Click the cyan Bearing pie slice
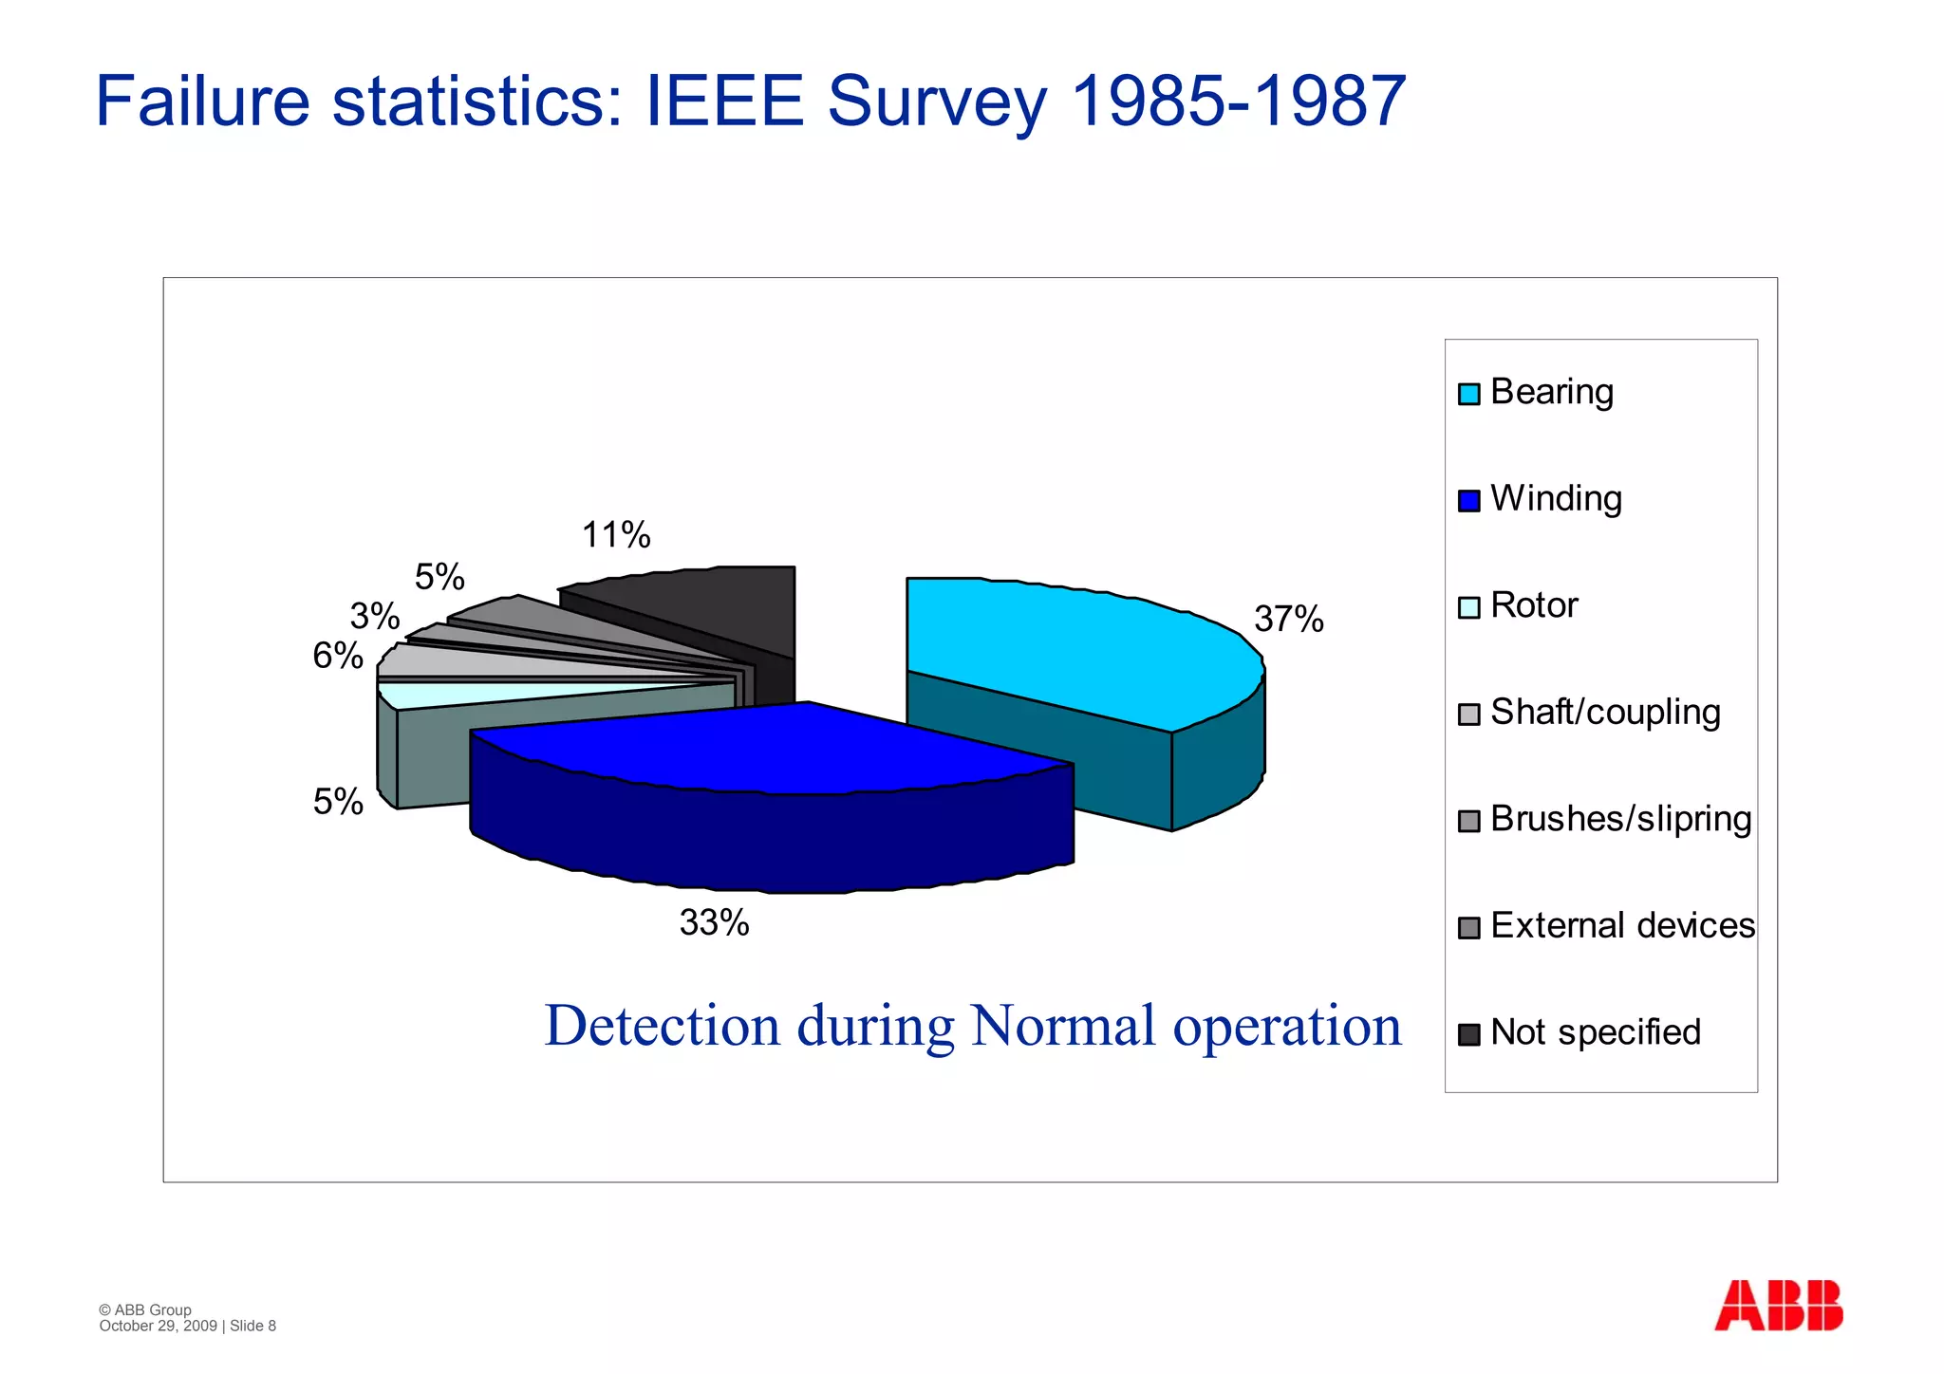click(x=1073, y=645)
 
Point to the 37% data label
click(x=1288, y=620)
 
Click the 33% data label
click(x=714, y=922)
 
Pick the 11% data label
click(x=616, y=535)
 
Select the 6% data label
click(x=338, y=656)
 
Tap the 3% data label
click(x=374, y=617)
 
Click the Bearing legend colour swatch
click(x=1468, y=394)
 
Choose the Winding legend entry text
click(x=1556, y=499)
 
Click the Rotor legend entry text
click(x=1534, y=605)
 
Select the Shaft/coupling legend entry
click(x=1604, y=713)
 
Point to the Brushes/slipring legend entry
click(x=1620, y=819)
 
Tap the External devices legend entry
click(x=1622, y=926)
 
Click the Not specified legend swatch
click(x=1468, y=1034)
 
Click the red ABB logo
click(x=1778, y=1305)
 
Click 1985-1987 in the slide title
click(x=1238, y=101)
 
